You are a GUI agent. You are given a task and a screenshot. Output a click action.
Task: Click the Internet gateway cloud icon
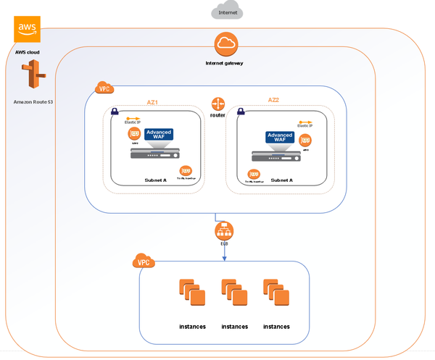224,45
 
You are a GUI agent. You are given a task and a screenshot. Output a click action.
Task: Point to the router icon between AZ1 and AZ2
218,104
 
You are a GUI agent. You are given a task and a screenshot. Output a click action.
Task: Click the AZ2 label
273,100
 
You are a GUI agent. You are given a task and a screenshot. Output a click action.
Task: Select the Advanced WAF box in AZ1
159,134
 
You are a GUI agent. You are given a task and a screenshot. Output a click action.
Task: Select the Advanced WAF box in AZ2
280,138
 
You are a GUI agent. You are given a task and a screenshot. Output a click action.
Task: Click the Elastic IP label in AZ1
133,122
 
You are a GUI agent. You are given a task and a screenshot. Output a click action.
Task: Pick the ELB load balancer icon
224,232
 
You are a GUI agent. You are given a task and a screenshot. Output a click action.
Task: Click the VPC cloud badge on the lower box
143,261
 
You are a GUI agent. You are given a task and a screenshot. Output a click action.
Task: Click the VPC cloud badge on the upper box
104,88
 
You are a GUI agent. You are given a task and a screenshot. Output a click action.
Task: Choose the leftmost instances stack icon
192,294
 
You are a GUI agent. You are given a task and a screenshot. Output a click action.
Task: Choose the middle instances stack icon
234,294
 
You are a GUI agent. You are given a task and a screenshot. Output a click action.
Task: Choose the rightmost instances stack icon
276,294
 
